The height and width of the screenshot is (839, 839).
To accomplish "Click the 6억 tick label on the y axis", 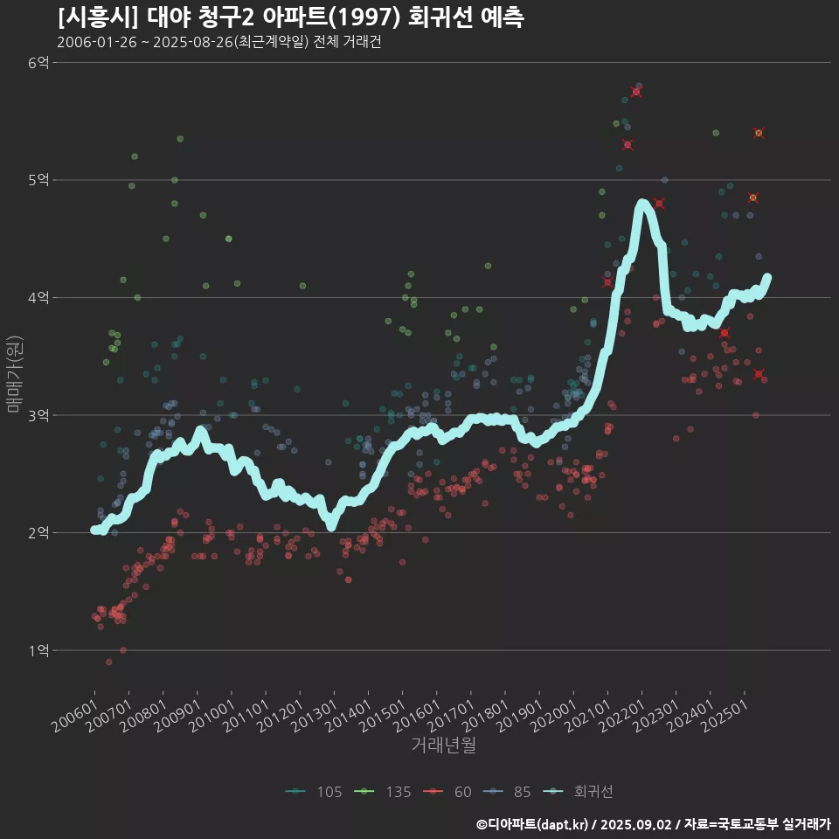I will [x=38, y=63].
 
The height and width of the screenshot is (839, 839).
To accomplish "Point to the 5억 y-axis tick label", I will [x=38, y=180].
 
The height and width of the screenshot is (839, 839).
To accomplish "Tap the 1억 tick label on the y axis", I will [x=38, y=650].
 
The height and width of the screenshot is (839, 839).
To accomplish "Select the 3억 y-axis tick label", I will [x=38, y=415].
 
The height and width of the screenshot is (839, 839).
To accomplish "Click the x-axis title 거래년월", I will [x=444, y=745].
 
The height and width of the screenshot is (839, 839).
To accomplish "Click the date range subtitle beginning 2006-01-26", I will [x=218, y=42].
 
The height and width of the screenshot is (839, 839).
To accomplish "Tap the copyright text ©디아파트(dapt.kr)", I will [x=534, y=824].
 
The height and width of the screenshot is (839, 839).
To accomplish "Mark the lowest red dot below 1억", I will [x=108, y=662].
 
